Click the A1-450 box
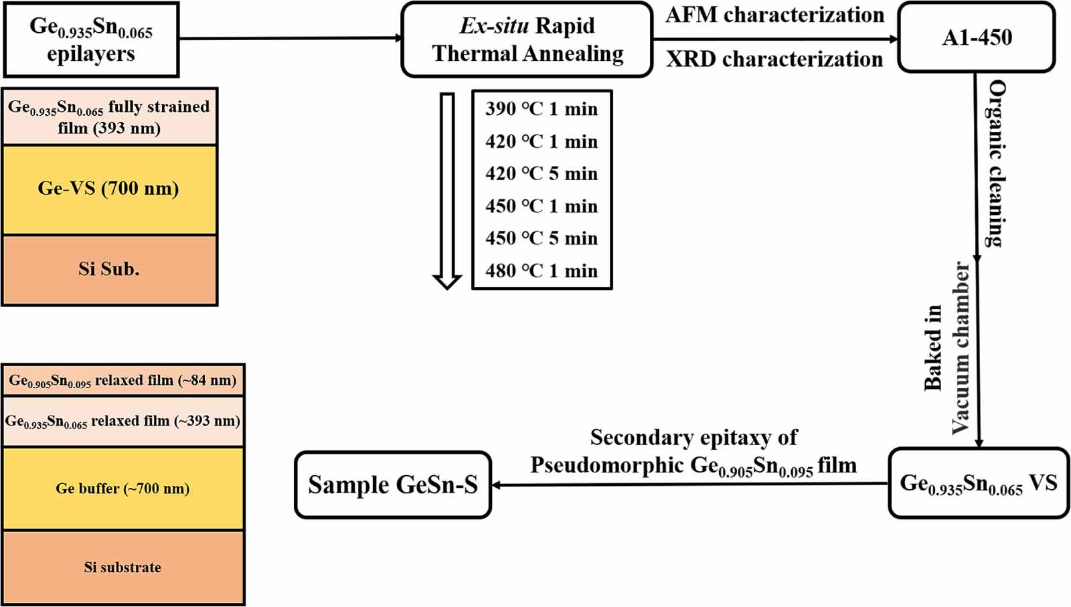pos(976,37)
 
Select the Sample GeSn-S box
pos(393,485)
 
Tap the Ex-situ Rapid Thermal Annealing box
pos(527,39)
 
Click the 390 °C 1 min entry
pos(541,108)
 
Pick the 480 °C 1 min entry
pos(541,270)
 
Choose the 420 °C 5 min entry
pos(541,173)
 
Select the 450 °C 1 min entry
pos(541,206)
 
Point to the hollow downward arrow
pos(447,191)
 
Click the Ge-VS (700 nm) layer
pos(109,189)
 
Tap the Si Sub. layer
pos(109,269)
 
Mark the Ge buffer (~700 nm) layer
pos(122,489)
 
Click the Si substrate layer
pos(122,568)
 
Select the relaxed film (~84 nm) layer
pos(122,381)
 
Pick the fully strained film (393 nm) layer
pos(109,116)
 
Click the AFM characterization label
pos(774,15)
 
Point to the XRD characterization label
pos(774,60)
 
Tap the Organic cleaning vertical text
pos(997,164)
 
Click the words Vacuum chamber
pos(961,348)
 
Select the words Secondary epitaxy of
pos(693,438)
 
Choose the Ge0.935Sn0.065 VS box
pos(978,483)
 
